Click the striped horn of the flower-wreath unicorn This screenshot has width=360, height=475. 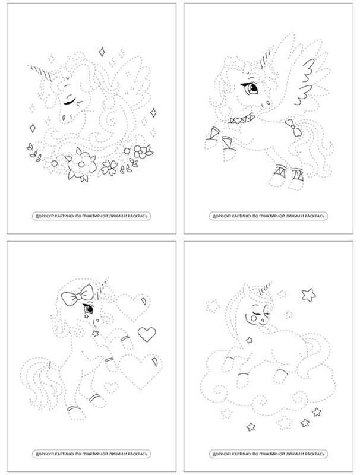[41, 73]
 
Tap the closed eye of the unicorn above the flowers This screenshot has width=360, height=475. [70, 102]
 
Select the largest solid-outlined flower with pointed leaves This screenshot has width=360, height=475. [81, 164]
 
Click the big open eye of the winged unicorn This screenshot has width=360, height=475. [251, 88]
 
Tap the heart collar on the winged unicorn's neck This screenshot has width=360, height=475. [242, 118]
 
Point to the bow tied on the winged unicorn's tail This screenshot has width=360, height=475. [293, 127]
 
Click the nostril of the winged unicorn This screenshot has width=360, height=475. [268, 103]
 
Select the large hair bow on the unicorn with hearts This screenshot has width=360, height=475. [77, 294]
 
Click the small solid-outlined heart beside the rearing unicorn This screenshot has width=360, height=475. [147, 334]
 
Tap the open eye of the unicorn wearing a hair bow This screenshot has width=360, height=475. [89, 309]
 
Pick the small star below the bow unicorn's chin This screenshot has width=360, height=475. [96, 333]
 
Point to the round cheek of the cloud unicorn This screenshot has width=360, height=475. [253, 318]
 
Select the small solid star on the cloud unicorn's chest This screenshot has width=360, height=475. [250, 340]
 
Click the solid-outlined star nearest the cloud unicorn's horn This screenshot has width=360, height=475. [308, 294]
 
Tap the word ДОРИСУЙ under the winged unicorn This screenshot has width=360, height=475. [219, 216]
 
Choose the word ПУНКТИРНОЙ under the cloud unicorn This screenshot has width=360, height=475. [265, 454]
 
